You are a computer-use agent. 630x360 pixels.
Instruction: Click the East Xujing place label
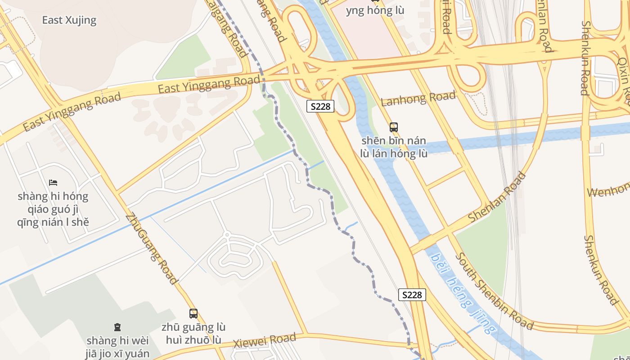point(69,20)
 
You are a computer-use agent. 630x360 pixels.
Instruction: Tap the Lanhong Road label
point(418,98)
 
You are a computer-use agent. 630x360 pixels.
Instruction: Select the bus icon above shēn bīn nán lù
point(394,127)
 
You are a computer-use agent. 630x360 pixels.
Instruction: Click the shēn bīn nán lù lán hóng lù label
point(394,147)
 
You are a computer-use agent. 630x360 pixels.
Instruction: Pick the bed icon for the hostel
point(53,183)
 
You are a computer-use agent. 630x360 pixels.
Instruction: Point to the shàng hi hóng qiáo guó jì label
point(53,209)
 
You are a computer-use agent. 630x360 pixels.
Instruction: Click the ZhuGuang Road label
point(151,249)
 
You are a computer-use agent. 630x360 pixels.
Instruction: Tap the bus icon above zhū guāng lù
point(193,314)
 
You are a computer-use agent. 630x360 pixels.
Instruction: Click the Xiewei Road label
point(265,341)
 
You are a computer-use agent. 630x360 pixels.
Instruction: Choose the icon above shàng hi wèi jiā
point(117,327)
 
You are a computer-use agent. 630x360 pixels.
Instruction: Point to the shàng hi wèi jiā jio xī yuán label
point(117,346)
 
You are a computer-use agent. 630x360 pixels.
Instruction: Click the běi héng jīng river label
point(462,293)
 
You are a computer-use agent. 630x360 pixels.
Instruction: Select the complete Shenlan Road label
point(497,197)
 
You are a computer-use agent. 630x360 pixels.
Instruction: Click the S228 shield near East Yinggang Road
point(320,106)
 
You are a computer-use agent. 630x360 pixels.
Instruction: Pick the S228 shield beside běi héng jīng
point(412,295)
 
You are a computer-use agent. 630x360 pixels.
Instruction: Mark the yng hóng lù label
point(375,10)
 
